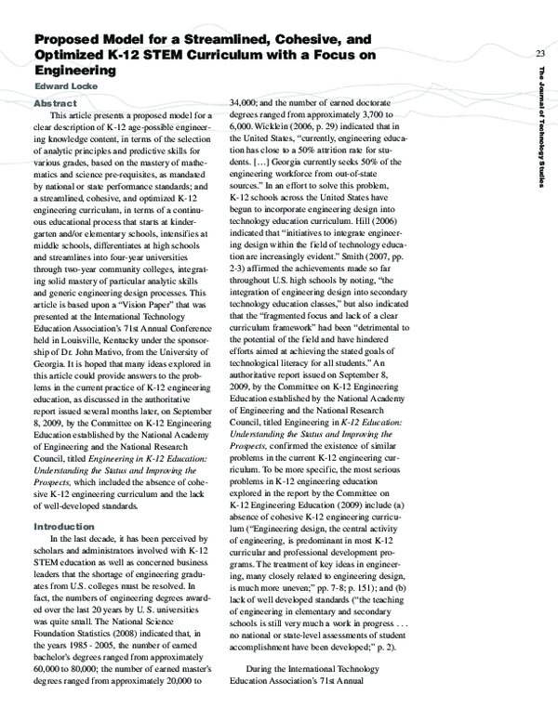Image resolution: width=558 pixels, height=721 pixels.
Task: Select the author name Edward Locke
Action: tap(64, 86)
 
